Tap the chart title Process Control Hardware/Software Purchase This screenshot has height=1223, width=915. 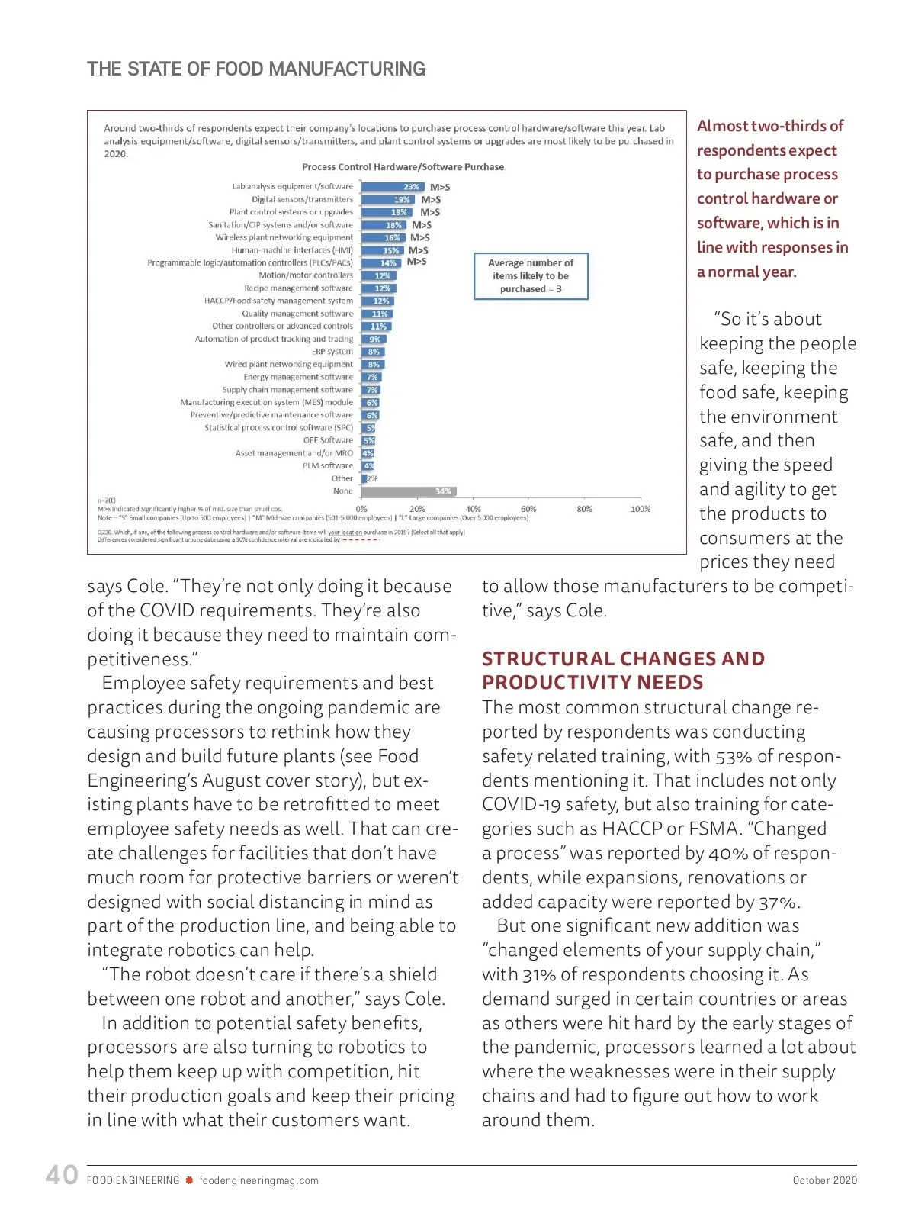403,167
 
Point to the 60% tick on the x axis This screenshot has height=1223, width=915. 528,509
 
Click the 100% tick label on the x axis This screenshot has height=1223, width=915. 640,509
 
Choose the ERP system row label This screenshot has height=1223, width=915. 332,352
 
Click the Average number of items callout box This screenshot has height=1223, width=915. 531,275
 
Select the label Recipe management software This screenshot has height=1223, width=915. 298,288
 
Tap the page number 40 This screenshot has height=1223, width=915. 62,1175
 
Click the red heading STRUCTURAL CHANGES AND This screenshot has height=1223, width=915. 623,659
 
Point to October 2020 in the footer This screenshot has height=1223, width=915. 824,1180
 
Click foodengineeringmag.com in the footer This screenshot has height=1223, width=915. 259,1180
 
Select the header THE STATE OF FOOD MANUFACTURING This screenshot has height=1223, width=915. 256,69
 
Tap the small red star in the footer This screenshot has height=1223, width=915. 189,1180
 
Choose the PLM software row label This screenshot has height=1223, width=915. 328,466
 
